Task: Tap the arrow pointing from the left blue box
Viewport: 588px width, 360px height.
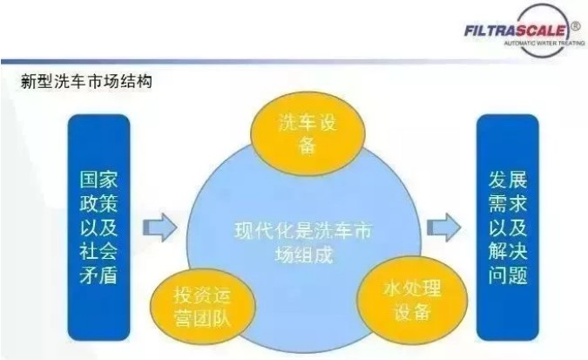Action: pos(159,228)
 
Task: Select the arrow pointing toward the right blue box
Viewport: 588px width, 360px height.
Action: pos(443,229)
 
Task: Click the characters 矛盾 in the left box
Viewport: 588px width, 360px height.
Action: pos(98,277)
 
